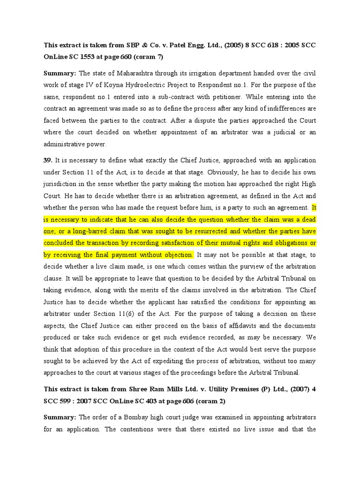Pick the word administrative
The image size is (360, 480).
click(66, 144)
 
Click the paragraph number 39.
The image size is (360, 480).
click(48, 160)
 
